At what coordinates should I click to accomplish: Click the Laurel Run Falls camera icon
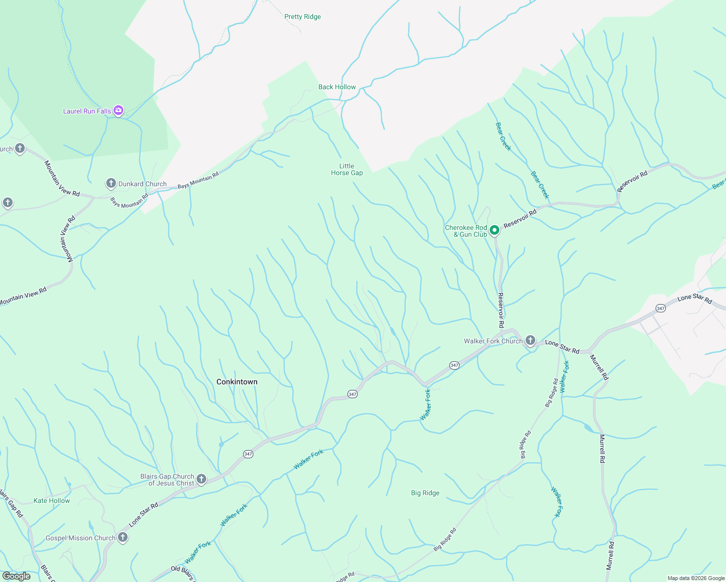118,111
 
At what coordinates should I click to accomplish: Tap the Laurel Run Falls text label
87,111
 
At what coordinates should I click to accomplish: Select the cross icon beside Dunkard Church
111,183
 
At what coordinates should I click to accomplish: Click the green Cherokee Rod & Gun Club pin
494,230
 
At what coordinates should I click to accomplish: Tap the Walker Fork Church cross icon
530,340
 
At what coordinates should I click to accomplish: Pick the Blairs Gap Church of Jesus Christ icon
201,479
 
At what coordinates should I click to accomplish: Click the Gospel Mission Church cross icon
123,537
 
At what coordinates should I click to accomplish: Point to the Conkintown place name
237,382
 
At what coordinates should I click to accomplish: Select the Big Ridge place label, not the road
425,493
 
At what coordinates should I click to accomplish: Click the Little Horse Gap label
346,169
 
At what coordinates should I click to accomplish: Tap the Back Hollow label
337,87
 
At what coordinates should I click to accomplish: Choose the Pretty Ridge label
302,16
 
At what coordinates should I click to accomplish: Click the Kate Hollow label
51,501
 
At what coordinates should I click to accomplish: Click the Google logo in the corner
16,576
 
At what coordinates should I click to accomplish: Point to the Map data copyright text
695,578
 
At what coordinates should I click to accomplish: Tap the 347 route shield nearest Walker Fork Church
454,365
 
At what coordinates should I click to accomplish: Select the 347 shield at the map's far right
660,308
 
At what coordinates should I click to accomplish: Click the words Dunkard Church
142,184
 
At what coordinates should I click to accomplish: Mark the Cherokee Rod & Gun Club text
466,231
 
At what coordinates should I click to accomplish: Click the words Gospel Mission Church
81,538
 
